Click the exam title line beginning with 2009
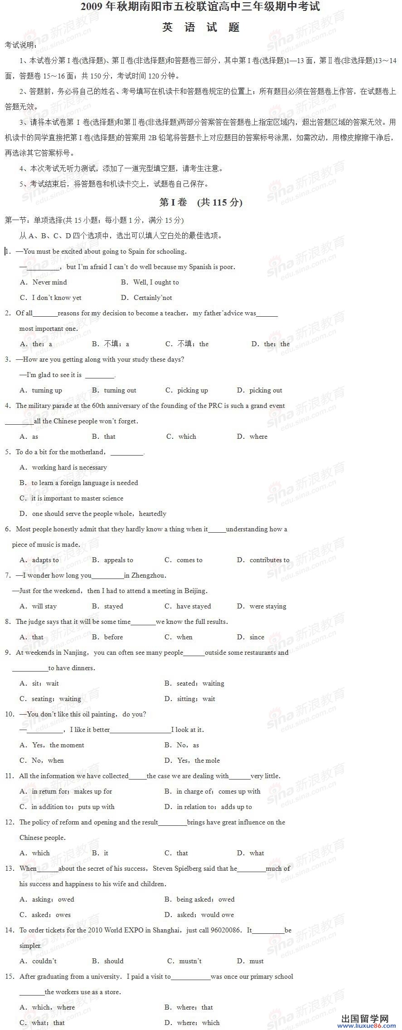pos(200,7)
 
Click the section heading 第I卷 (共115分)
pos(201,202)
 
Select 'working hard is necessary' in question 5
pos(69,467)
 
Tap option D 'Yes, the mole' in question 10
pos(198,760)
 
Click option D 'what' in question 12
pos(257,853)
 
